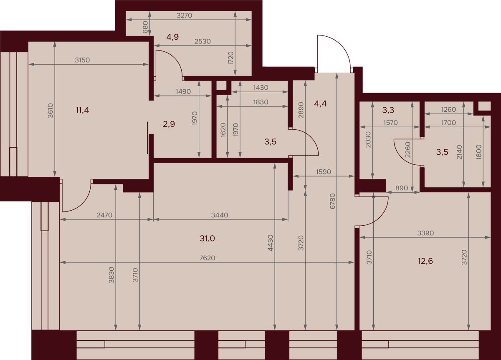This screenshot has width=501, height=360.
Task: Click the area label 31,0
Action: (x=207, y=239)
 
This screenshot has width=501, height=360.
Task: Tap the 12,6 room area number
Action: (x=425, y=261)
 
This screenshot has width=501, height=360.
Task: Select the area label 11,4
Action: (x=82, y=110)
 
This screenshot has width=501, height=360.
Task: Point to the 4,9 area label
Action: (x=172, y=37)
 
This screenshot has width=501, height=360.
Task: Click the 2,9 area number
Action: (x=169, y=124)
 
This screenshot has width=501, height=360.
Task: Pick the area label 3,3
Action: (x=388, y=110)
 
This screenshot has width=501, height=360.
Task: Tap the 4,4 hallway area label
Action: (x=320, y=104)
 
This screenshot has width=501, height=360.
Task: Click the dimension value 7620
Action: (x=207, y=258)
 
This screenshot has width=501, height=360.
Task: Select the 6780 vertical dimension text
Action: (x=333, y=201)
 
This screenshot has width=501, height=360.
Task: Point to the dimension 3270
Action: (x=184, y=15)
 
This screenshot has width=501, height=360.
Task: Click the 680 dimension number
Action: (x=145, y=27)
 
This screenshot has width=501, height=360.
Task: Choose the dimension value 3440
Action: (x=220, y=215)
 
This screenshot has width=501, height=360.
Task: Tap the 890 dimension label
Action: (x=402, y=188)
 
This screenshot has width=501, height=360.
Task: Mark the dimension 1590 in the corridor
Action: (x=324, y=172)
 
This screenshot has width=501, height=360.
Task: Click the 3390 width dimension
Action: (x=425, y=233)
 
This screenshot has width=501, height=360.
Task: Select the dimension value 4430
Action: (x=271, y=243)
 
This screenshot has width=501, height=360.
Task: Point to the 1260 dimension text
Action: (x=448, y=109)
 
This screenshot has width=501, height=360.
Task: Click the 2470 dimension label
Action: (x=104, y=215)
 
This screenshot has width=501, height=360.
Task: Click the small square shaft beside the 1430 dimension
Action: (x=221, y=85)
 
